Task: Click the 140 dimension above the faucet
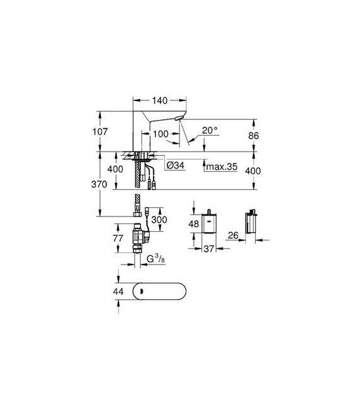(160, 100)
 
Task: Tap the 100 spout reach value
(160, 134)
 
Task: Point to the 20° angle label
(210, 130)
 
